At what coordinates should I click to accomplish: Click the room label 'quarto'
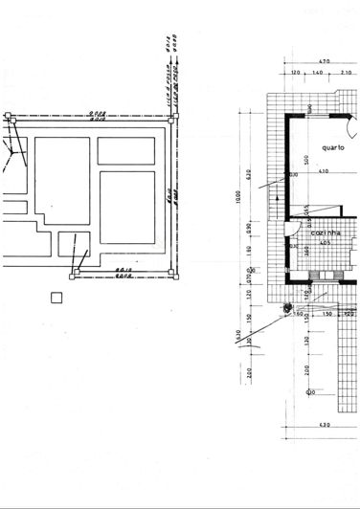pyautogui.click(x=333, y=148)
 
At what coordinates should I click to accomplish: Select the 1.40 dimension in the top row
pyautogui.click(x=316, y=73)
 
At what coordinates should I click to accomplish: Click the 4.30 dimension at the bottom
pyautogui.click(x=323, y=424)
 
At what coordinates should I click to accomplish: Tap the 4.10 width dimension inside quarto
pyautogui.click(x=324, y=171)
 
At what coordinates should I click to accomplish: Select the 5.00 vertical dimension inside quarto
pyautogui.click(x=306, y=158)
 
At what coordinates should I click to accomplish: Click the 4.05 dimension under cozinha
pyautogui.click(x=326, y=243)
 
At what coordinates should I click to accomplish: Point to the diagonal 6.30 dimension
pyautogui.click(x=239, y=334)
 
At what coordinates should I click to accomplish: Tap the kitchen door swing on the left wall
pyautogui.click(x=297, y=230)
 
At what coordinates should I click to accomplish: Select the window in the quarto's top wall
pyautogui.click(x=316, y=113)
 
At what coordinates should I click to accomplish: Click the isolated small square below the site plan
pyautogui.click(x=56, y=298)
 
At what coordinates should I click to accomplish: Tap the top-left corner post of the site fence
pyautogui.click(x=9, y=117)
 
